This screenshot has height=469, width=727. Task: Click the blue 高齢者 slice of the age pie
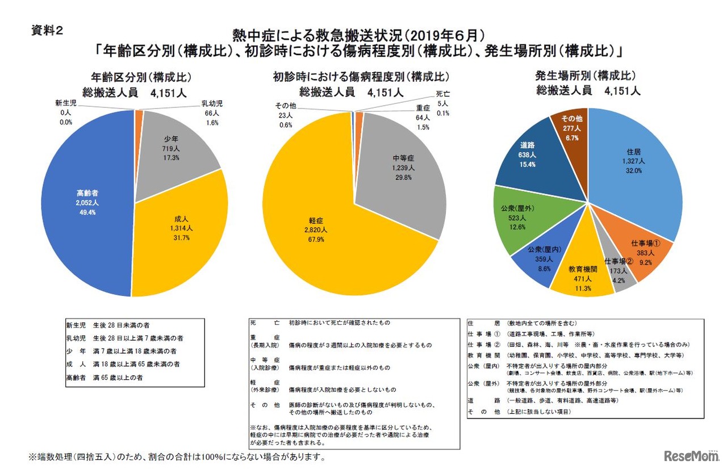coord(85,204)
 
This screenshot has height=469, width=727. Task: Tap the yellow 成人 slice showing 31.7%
coord(182,233)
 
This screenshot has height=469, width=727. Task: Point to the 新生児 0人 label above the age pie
coord(66,112)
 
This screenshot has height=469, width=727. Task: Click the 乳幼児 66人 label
coord(212,113)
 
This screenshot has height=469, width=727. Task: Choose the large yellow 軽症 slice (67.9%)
coord(318,233)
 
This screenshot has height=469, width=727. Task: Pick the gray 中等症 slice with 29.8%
coord(403,167)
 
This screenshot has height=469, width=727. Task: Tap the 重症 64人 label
coord(423,117)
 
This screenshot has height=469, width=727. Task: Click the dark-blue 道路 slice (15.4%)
coord(525,156)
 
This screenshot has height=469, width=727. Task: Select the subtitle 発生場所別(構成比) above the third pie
coord(588,76)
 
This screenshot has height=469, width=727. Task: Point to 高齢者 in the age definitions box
coord(77,376)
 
